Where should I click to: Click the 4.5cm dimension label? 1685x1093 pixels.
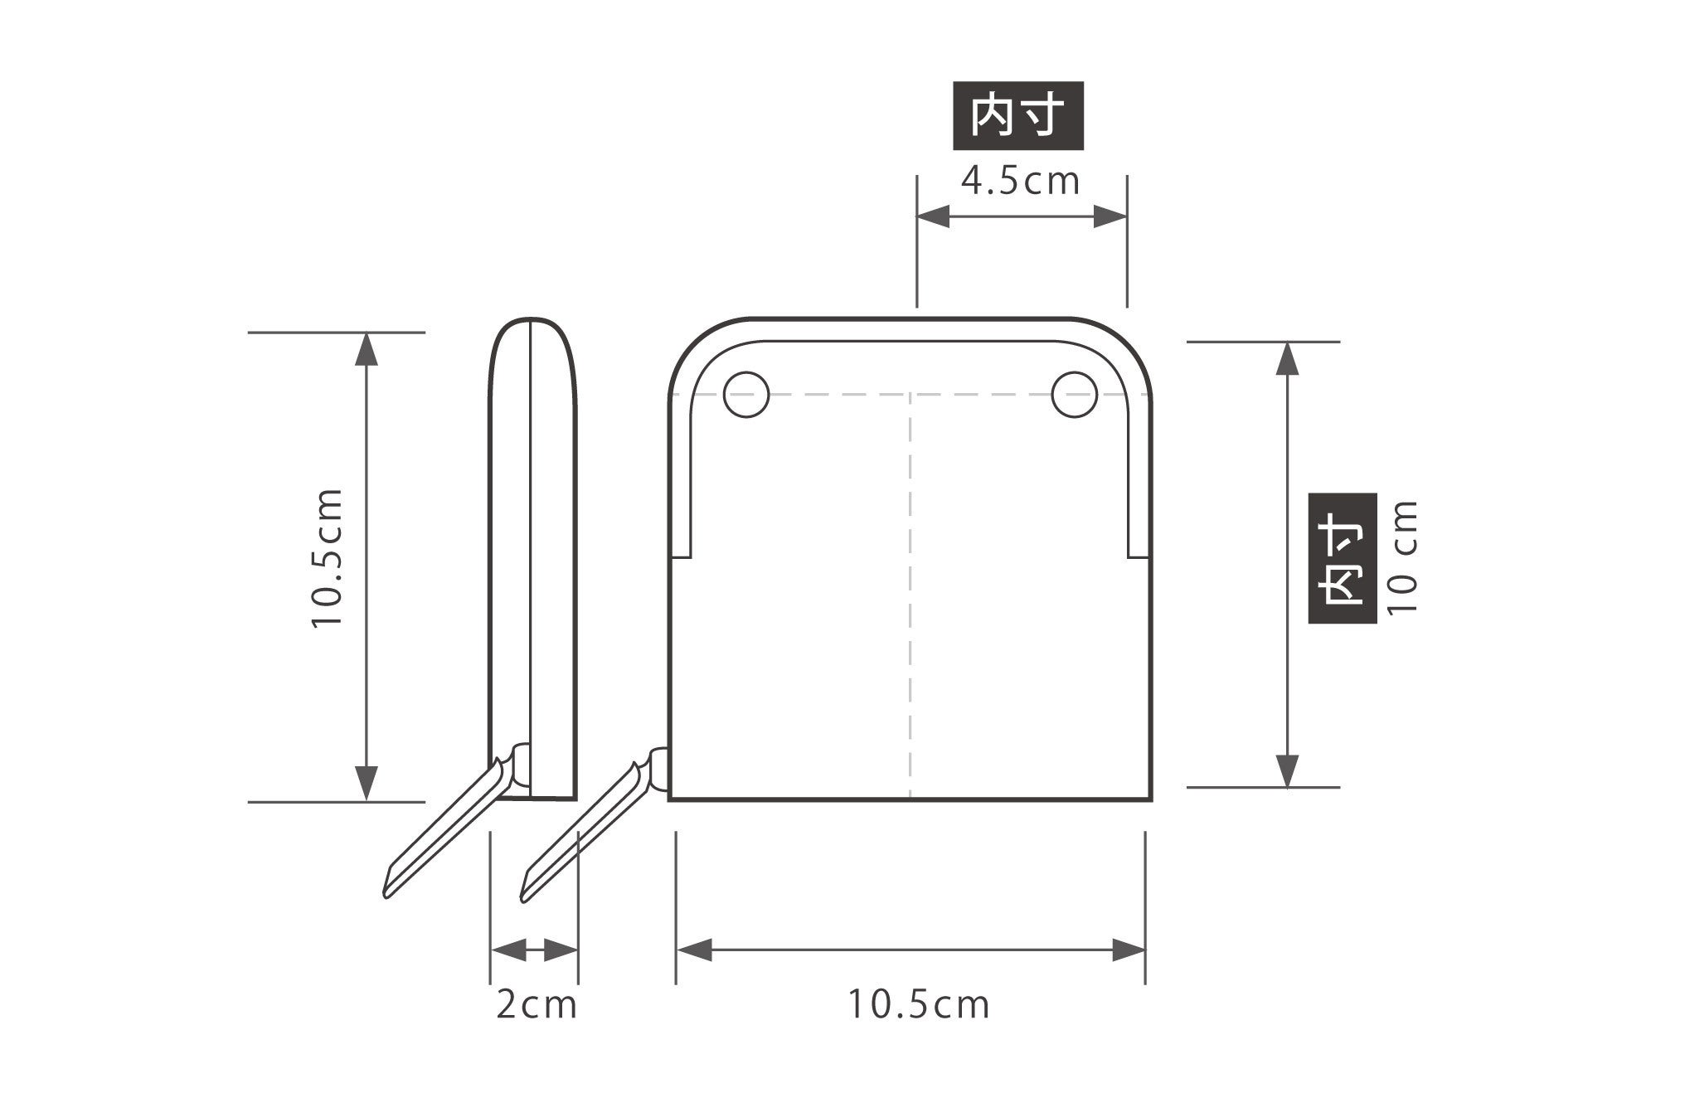click(1021, 181)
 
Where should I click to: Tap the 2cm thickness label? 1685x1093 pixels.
click(536, 1004)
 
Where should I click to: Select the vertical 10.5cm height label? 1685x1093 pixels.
click(327, 558)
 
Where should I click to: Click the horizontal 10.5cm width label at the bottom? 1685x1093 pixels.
click(918, 1004)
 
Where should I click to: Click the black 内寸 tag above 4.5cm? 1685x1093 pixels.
click(1018, 115)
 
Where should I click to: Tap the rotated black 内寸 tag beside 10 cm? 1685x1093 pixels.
click(1343, 558)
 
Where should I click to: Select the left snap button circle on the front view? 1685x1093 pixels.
click(746, 394)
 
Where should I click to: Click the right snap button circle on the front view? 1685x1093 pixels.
click(1074, 394)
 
